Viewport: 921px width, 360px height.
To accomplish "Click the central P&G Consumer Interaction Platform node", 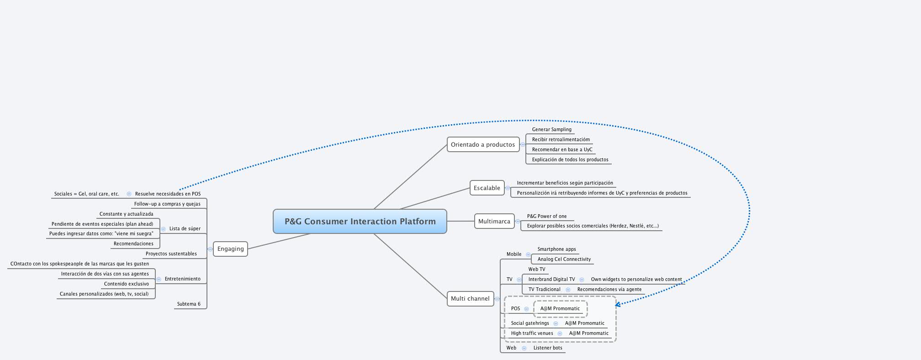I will click(360, 222).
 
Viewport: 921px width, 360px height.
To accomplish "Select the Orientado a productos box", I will click(483, 145).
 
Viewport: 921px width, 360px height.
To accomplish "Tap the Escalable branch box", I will click(487, 188).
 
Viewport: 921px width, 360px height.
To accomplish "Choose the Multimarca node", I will click(494, 222).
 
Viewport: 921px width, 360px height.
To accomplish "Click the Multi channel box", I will click(470, 299).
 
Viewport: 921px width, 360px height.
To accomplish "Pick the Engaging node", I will click(230, 249).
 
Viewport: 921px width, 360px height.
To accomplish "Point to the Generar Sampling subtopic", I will click(551, 130).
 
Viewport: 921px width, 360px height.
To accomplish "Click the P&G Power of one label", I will click(546, 217).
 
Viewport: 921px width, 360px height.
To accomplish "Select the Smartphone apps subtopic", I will click(556, 249).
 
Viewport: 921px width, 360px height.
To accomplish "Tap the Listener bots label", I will click(548, 348).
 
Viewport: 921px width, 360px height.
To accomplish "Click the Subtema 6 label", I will click(189, 304).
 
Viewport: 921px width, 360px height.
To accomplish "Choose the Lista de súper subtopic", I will click(185, 229).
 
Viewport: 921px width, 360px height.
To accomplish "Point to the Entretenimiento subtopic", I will click(182, 279).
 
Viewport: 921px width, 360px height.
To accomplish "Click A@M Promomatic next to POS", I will click(560, 309).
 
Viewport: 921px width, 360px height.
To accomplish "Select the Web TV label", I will click(536, 270).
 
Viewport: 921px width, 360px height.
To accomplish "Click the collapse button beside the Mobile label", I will click(528, 255).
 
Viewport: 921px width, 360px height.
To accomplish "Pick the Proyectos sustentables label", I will click(171, 254).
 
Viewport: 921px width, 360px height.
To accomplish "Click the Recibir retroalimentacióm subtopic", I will click(561, 140).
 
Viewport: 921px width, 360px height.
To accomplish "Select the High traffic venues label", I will click(532, 334).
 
